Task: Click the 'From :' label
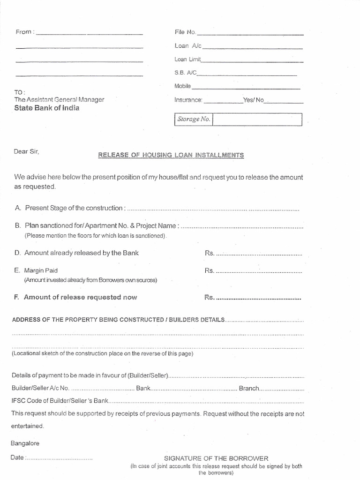pyautogui.click(x=24, y=32)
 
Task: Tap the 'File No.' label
pyautogui.click(x=185, y=32)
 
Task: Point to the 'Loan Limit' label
pyautogui.click(x=187, y=60)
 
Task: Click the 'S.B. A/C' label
pyautogui.click(x=186, y=73)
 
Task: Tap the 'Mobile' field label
pyautogui.click(x=183, y=86)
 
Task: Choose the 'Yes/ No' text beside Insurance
pyautogui.click(x=254, y=100)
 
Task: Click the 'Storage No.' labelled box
pyautogui.click(x=193, y=120)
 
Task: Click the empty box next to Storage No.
pyautogui.click(x=257, y=120)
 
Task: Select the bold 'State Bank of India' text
pyautogui.click(x=47, y=108)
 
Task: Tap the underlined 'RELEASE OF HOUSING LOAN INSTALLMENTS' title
pyautogui.click(x=171, y=155)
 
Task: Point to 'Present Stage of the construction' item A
pyautogui.click(x=75, y=208)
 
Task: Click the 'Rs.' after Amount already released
pyautogui.click(x=210, y=253)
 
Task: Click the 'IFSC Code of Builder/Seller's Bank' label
pyautogui.click(x=60, y=401)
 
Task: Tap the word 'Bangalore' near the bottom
pyautogui.click(x=24, y=443)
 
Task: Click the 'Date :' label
pyautogui.click(x=17, y=457)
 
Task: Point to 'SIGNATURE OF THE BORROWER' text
pyautogui.click(x=216, y=458)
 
